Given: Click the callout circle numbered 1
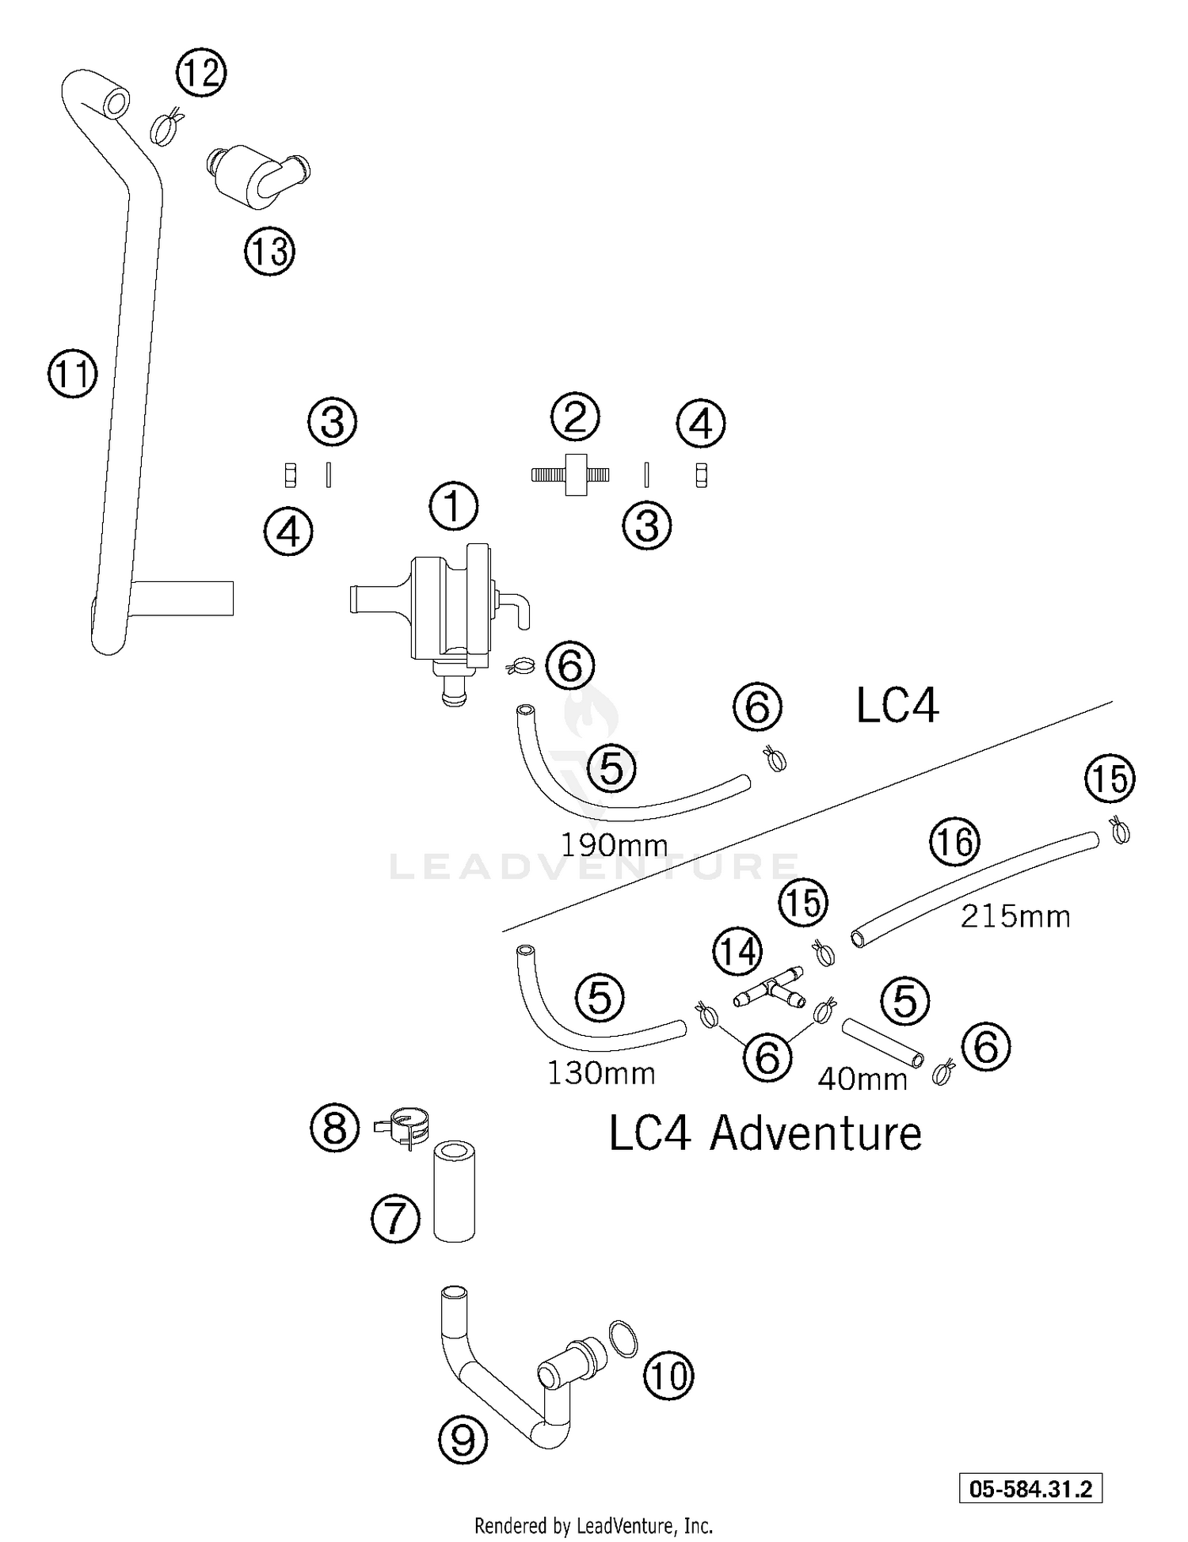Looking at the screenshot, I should pyautogui.click(x=454, y=507).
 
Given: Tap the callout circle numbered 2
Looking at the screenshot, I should pyautogui.click(x=575, y=417).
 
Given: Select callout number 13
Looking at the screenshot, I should pyautogui.click(x=269, y=252).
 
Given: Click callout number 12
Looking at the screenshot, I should pyautogui.click(x=201, y=73).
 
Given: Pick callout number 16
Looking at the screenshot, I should pyautogui.click(x=955, y=842).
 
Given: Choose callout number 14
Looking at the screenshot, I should pyautogui.click(x=738, y=951).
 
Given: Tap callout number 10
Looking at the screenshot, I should pyautogui.click(x=669, y=1376).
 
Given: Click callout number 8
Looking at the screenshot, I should pyautogui.click(x=334, y=1127).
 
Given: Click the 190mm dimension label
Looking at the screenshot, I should pyautogui.click(x=615, y=846).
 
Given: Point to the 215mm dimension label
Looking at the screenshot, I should pyautogui.click(x=1015, y=917).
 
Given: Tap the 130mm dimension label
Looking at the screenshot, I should pyautogui.click(x=601, y=1074).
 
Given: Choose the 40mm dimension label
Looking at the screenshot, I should pyautogui.click(x=862, y=1079).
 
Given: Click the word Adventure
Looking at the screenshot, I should pyautogui.click(x=816, y=1134).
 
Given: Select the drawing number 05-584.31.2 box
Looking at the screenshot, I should pyautogui.click(x=1030, y=1488).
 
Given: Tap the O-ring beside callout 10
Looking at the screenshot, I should pyautogui.click(x=623, y=1339).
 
